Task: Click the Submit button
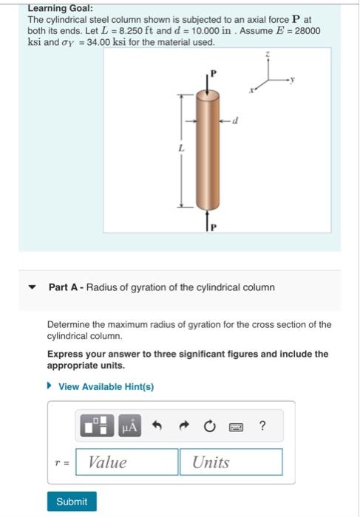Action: (72, 501)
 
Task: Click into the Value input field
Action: (126, 462)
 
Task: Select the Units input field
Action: (231, 462)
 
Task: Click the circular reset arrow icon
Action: (209, 425)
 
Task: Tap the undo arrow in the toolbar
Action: (157, 425)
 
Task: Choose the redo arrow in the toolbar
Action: (183, 425)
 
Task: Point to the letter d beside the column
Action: (235, 121)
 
